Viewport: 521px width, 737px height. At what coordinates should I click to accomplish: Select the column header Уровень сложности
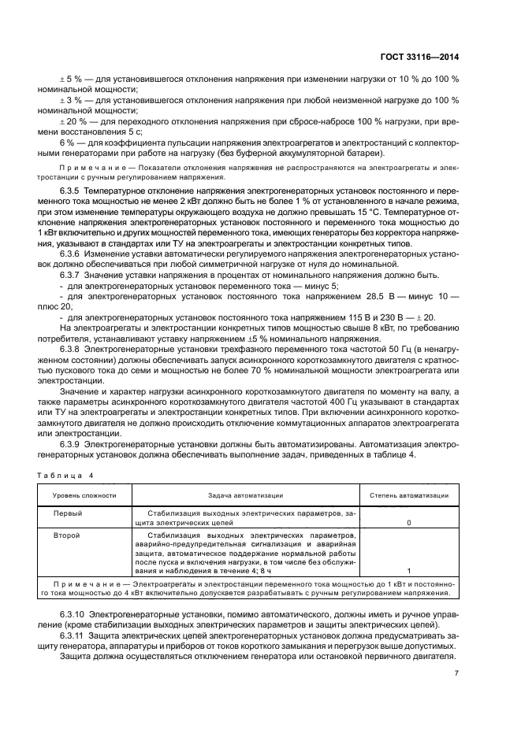tap(84, 496)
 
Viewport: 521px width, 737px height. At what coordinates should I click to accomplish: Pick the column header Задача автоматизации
tap(245, 496)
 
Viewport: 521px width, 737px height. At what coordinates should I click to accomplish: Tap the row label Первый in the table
tap(67, 513)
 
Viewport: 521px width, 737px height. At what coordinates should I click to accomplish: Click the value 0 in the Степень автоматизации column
tap(408, 522)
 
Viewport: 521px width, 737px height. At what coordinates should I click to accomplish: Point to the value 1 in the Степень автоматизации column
tap(408, 571)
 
